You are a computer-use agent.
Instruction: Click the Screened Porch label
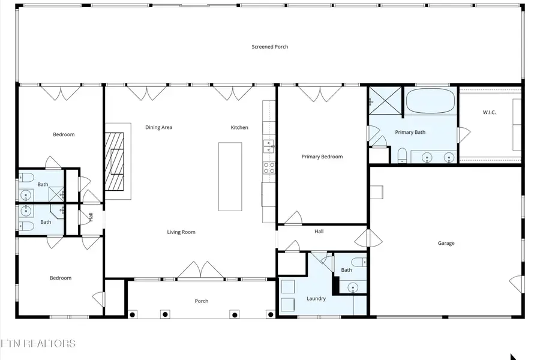pos(269,47)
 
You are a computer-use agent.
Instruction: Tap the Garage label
pos(446,243)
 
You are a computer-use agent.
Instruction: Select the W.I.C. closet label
pos(489,112)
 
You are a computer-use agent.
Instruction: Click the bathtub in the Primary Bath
pos(430,101)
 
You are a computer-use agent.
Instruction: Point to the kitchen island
pos(230,176)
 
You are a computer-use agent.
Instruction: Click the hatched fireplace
pos(114,161)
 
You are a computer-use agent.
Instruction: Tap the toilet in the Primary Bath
pos(402,156)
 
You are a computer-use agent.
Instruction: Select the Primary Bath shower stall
pos(385,101)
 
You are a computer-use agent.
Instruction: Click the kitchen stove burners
pos(269,168)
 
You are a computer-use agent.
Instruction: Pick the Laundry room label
pos(316,299)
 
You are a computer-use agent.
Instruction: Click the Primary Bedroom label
pos(322,157)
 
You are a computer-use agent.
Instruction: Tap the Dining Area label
pos(158,127)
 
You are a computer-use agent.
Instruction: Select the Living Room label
pos(181,232)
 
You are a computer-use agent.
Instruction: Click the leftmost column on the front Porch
pos(133,314)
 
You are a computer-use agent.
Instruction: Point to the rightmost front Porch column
pos(271,314)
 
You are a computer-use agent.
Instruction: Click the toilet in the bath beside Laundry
pos(359,262)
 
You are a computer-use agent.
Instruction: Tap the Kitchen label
pos(239,127)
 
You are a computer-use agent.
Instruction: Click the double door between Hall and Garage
pos(368,238)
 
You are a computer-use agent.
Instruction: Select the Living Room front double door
pos(200,269)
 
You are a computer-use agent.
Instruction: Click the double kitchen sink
pos(269,146)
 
